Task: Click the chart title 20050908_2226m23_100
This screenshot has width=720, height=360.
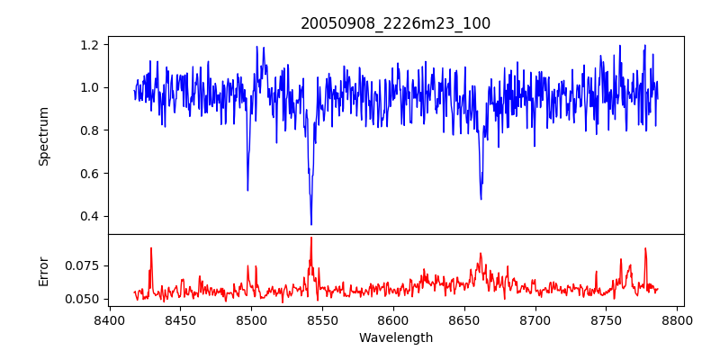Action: [396, 23]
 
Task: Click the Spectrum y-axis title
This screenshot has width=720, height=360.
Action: [43, 136]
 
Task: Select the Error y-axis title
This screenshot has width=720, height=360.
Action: [43, 270]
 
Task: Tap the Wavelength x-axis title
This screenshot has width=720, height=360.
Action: [396, 338]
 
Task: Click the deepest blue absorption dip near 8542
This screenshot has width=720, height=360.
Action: [311, 224]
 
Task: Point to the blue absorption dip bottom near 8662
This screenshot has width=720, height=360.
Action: [481, 199]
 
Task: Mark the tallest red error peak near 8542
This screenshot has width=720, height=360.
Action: [311, 238]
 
